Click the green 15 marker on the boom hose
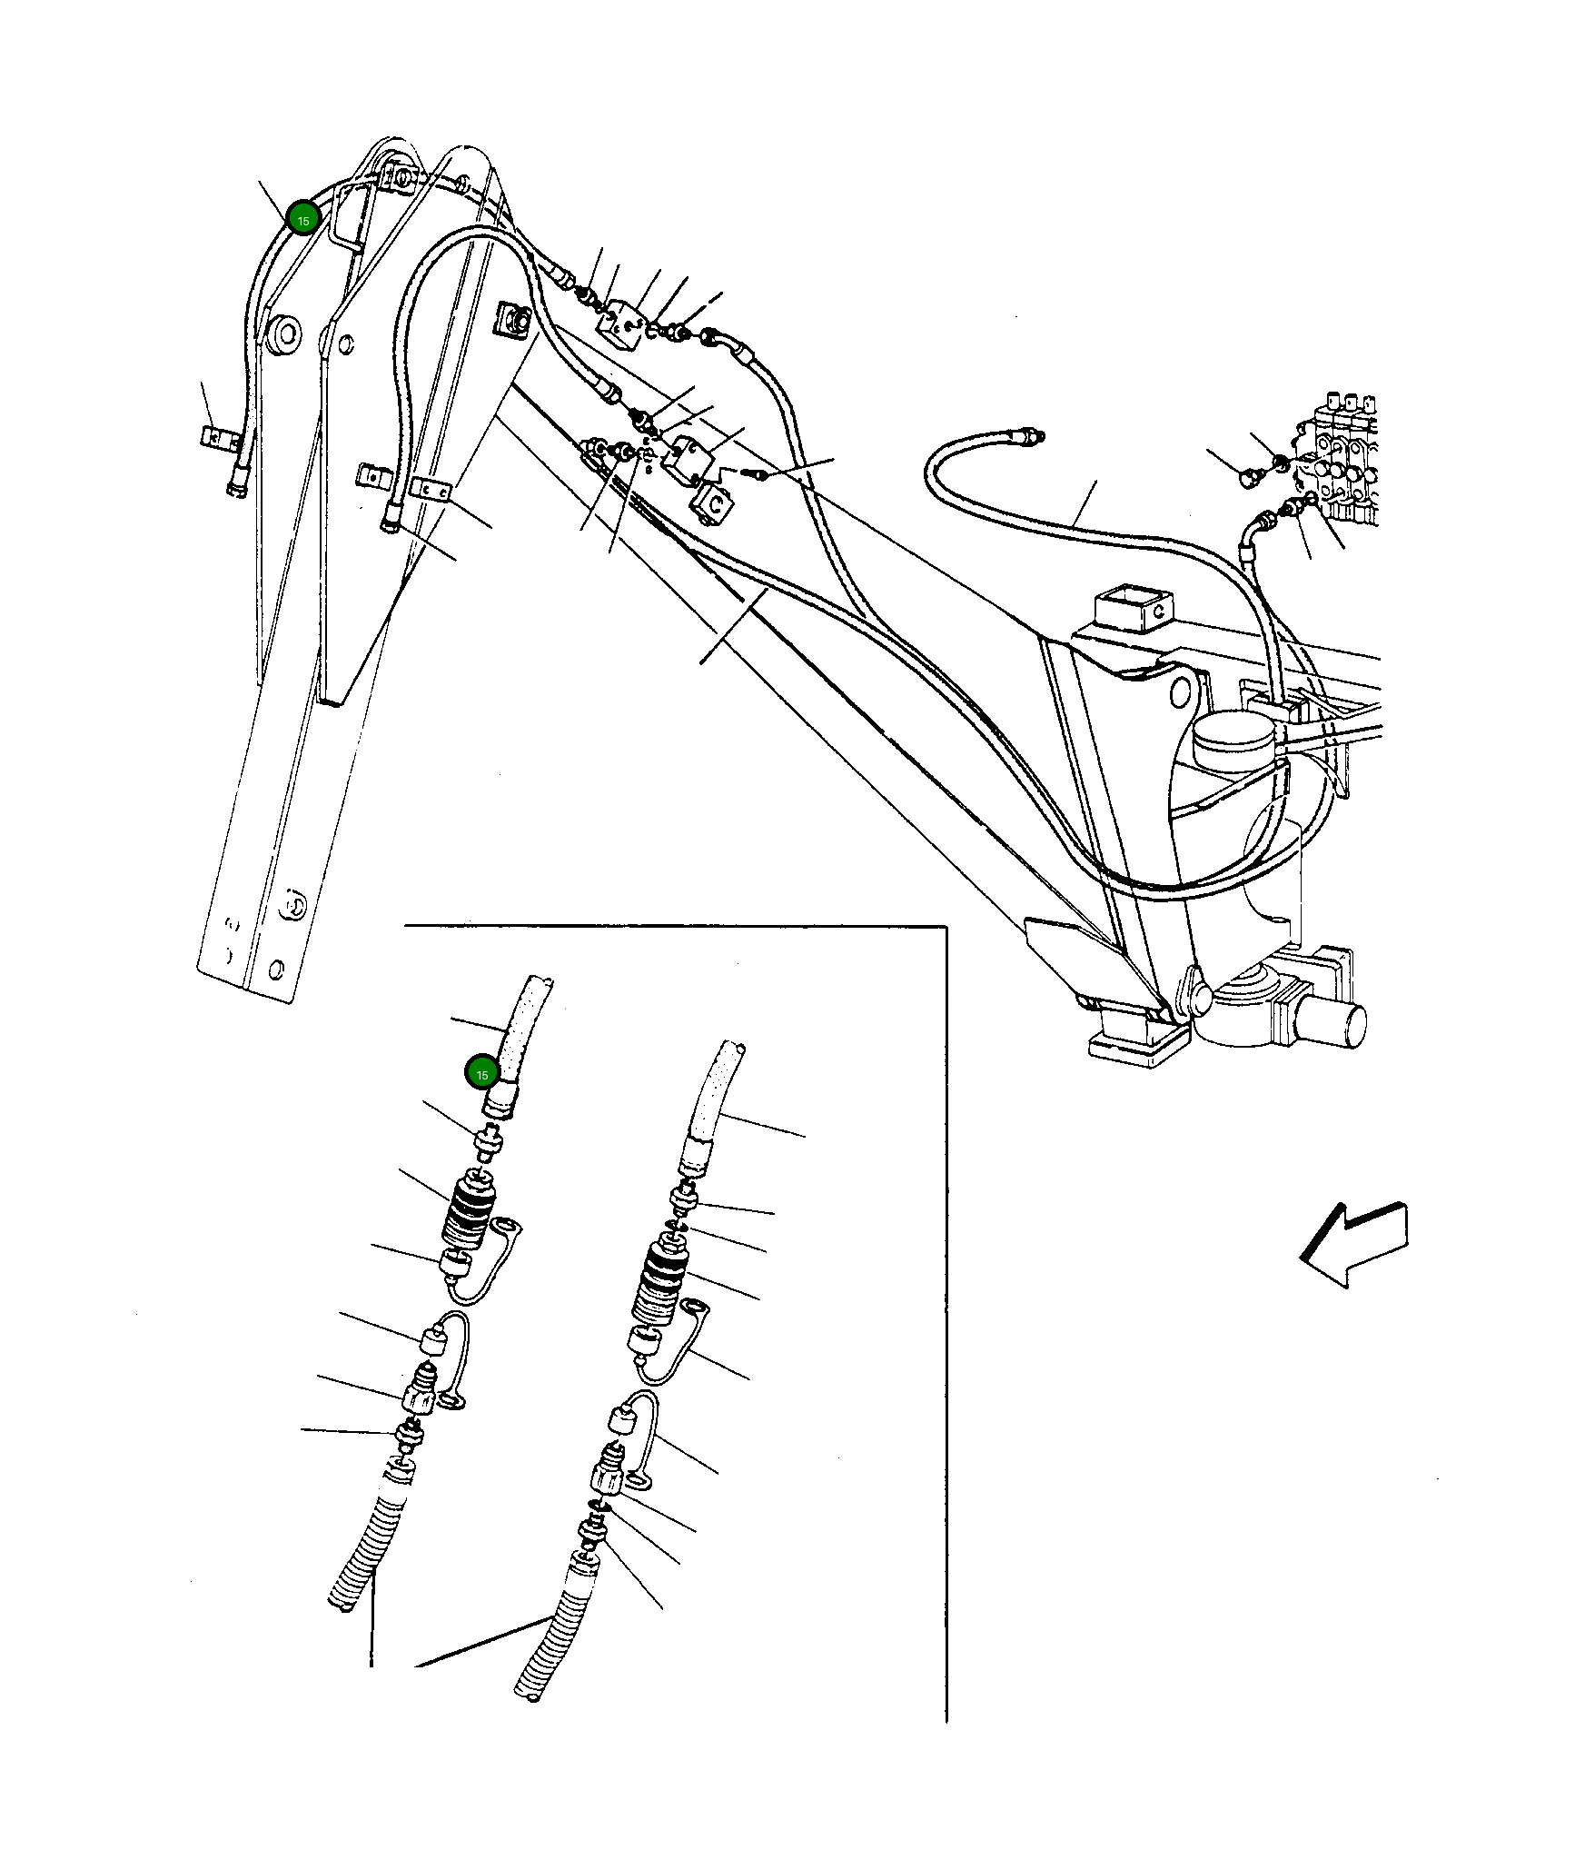302,219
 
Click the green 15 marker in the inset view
481,1073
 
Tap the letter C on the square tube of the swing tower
1160,611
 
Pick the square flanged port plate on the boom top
514,320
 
